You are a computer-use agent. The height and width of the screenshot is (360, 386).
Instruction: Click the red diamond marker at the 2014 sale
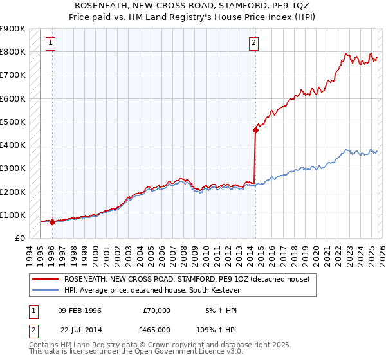click(x=255, y=130)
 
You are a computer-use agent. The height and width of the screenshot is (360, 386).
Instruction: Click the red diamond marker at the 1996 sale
click(x=52, y=222)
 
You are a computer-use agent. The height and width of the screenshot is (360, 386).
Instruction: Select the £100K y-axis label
click(x=14, y=215)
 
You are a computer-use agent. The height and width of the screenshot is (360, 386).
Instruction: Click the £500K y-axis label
click(x=14, y=122)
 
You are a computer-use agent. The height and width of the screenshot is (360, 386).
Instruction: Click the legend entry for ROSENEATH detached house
click(x=187, y=279)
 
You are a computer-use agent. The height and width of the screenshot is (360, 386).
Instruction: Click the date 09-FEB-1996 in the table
click(x=79, y=310)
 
